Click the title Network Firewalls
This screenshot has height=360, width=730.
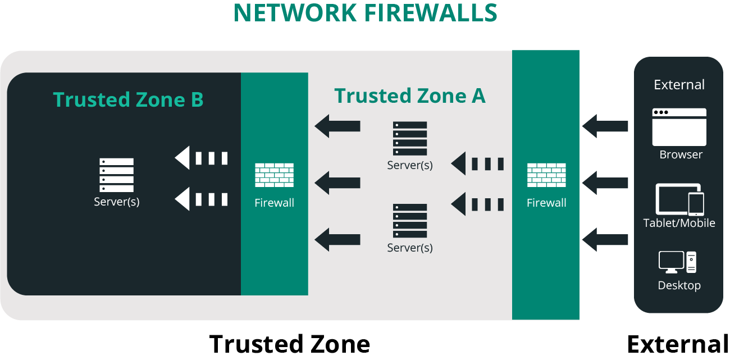point(365,13)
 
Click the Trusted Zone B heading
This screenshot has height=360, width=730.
point(128,99)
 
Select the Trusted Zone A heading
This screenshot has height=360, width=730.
point(410,96)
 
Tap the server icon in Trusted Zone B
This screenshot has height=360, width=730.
point(117,175)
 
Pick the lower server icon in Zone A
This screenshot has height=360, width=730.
point(410,221)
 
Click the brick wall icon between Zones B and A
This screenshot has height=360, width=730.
point(274,175)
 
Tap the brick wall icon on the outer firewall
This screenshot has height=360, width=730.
point(546,175)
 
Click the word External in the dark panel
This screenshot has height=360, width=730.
point(679,85)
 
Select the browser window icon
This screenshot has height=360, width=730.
point(679,127)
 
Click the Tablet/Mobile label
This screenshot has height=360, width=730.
point(679,223)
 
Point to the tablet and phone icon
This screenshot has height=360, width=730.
point(679,199)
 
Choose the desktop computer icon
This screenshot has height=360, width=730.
point(678,262)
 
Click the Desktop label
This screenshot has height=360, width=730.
point(679,285)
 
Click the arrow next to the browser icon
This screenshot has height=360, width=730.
point(605,126)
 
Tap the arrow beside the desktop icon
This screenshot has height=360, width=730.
point(605,240)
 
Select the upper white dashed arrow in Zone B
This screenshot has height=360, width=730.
point(201,158)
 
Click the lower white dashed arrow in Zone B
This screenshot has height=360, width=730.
point(201,199)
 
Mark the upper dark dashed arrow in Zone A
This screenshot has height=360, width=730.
point(477,164)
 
